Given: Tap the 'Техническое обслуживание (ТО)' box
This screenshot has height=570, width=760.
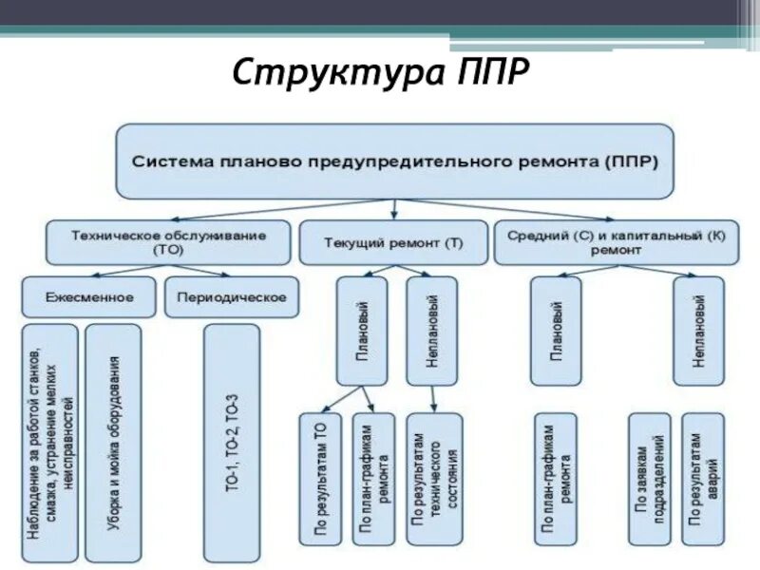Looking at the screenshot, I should [169, 242].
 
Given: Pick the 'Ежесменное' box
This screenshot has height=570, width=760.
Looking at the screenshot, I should [89, 297].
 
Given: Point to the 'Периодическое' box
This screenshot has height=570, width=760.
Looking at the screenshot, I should [232, 297].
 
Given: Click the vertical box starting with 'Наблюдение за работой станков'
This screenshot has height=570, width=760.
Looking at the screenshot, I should [49, 443].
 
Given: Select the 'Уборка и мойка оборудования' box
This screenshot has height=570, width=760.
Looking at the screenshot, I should [113, 443].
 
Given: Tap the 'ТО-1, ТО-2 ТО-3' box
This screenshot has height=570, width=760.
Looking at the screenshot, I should [232, 443].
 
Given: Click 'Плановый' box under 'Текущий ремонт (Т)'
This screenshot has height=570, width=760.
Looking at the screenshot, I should [362, 331].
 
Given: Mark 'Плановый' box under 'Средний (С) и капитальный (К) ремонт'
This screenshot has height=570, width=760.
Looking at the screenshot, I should [556, 331].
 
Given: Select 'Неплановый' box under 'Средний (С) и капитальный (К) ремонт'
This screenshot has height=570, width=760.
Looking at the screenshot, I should [698, 331].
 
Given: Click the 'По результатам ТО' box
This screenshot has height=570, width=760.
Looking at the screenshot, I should [321, 478].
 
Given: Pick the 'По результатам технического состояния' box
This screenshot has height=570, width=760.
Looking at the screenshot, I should [435, 478].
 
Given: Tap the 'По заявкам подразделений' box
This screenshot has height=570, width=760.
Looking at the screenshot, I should [651, 478].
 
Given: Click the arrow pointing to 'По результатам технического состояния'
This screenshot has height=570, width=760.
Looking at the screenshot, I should [433, 399].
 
